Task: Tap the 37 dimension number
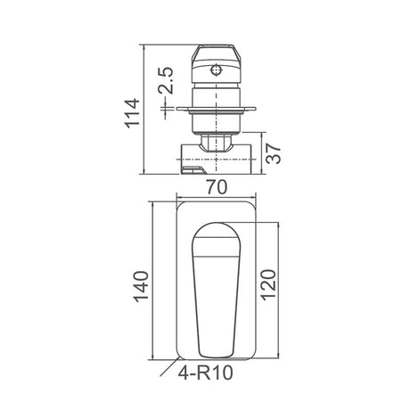(x=275, y=153)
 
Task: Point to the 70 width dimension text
(x=215, y=188)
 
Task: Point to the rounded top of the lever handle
(x=215, y=234)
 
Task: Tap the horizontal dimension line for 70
(x=215, y=197)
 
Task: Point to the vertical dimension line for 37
(x=260, y=153)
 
